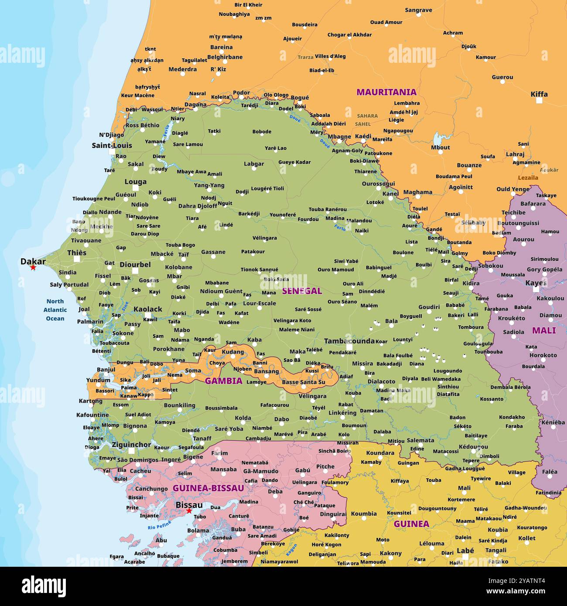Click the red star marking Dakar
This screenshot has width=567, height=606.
33,267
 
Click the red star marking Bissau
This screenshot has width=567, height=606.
189,511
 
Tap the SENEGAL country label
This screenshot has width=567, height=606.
301,291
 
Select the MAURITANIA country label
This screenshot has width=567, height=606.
386,92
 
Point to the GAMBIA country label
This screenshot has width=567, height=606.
223,381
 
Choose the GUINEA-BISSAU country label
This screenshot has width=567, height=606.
208,488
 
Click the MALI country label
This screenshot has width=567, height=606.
543,330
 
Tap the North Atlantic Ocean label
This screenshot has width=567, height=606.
55,310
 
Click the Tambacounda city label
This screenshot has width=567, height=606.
349,341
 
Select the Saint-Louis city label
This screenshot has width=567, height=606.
112,145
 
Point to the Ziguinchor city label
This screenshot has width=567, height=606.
131,445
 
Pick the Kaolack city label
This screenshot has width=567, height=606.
147,309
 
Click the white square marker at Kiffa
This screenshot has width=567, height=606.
539,100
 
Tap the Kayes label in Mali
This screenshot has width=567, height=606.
536,283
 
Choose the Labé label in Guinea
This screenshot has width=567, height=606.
465,551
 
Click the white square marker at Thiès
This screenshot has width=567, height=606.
77,259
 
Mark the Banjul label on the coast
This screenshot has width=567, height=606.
106,370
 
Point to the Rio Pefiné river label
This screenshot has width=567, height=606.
159,526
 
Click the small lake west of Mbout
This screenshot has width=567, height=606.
437,139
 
